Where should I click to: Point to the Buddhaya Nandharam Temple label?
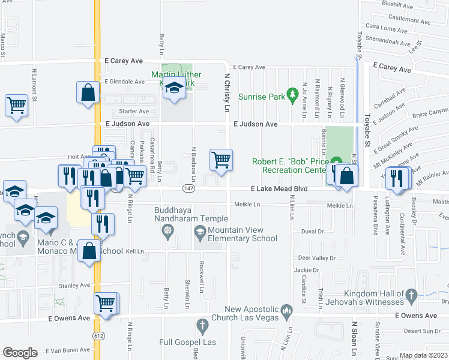[x=190, y=214]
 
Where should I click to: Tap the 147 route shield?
[x=187, y=189]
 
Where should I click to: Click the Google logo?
[x=20, y=353]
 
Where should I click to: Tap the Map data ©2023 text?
[x=423, y=355]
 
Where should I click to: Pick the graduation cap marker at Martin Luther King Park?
[x=174, y=89]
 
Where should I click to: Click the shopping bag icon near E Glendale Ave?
[x=88, y=92]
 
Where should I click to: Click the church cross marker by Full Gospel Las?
[x=202, y=326]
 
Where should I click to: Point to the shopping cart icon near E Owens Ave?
[x=106, y=302]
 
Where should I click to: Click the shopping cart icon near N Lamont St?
[x=16, y=105]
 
